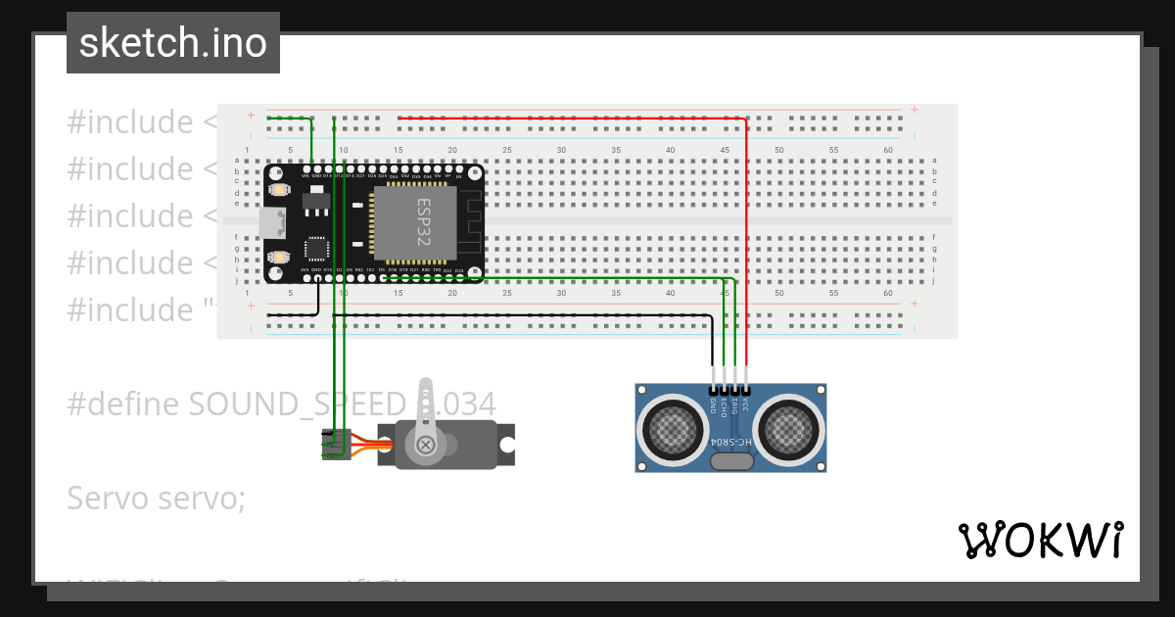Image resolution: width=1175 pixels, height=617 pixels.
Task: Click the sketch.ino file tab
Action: coord(172,43)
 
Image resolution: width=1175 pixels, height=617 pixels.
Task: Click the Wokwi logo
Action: coord(1040,540)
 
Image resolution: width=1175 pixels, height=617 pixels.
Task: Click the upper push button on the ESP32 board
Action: coord(278,188)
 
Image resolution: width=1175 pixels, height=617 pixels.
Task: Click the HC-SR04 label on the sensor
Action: coord(731,444)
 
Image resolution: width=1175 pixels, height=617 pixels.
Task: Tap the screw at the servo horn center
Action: coord(426,446)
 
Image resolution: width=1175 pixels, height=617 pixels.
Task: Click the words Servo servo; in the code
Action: coord(157,498)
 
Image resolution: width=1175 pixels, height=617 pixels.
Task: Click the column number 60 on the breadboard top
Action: coord(887,150)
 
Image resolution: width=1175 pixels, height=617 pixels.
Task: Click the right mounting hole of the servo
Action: coord(506,446)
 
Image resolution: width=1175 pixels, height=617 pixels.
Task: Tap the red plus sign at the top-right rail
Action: coord(914,110)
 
